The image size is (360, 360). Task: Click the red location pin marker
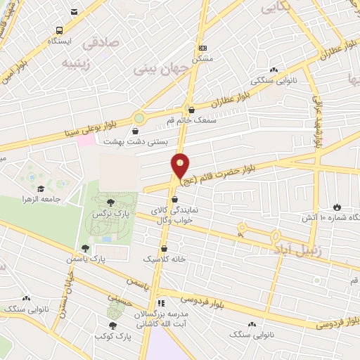click(181, 166)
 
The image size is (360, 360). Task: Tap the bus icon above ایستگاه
click(58, 30)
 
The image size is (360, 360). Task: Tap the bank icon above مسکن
click(203, 47)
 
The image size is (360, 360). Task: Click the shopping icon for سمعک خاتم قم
click(191, 110)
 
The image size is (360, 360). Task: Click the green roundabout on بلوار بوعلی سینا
click(139, 118)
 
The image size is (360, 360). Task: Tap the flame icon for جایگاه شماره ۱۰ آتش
click(337, 207)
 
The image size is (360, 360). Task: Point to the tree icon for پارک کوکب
click(112, 325)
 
